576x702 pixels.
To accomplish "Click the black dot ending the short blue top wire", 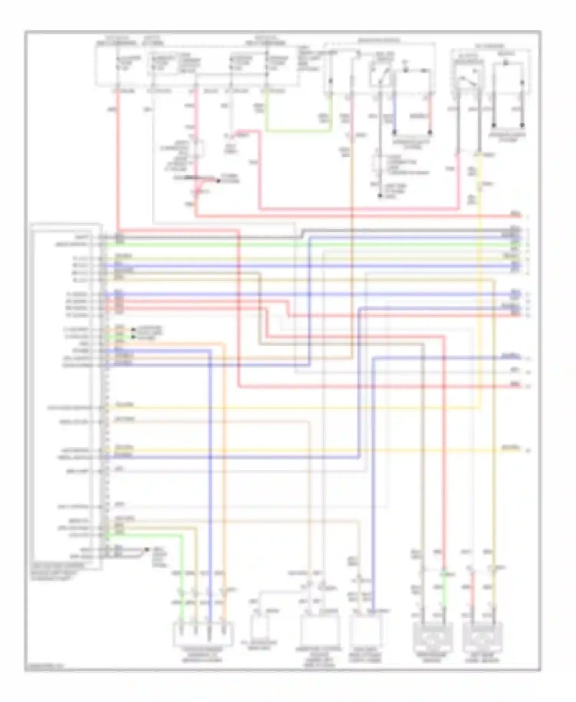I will pos(394,132).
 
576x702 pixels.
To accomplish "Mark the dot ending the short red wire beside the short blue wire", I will pos(430,132).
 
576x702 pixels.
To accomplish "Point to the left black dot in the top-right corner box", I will pos(494,126).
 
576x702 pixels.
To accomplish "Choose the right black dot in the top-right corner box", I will pos(522,126).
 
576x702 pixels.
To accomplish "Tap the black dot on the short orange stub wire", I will pos(133,329).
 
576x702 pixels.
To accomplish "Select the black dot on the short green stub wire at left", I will pos(133,337).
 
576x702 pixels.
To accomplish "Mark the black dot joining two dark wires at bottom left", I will pos(147,550).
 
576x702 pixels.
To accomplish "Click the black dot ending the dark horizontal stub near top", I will pos(218,181).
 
